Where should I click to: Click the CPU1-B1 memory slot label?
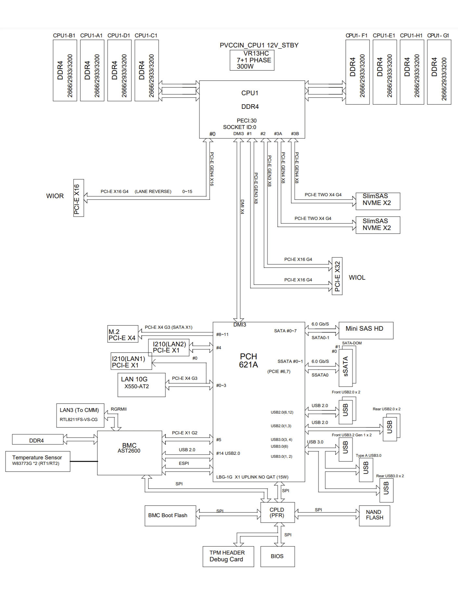(x=64, y=35)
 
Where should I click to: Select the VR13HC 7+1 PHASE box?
(x=252, y=60)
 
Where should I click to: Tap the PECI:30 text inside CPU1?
(x=247, y=121)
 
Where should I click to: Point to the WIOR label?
(x=55, y=196)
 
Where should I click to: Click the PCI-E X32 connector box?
(x=337, y=276)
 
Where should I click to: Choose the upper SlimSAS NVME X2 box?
(x=378, y=201)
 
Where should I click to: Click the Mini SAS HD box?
(x=366, y=331)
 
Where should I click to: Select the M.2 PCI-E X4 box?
(x=123, y=334)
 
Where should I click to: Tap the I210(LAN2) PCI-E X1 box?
(x=169, y=348)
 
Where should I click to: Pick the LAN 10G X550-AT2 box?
(x=142, y=385)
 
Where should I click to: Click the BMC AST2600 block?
(x=130, y=453)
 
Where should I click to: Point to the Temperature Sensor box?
(x=38, y=461)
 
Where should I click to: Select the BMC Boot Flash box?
(x=170, y=516)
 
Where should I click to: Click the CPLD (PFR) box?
(x=277, y=512)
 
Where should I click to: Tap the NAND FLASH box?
(x=375, y=516)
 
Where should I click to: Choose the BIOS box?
(x=277, y=556)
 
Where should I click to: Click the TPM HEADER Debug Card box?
(x=228, y=556)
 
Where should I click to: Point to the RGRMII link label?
(x=119, y=409)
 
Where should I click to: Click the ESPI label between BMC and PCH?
(x=184, y=463)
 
